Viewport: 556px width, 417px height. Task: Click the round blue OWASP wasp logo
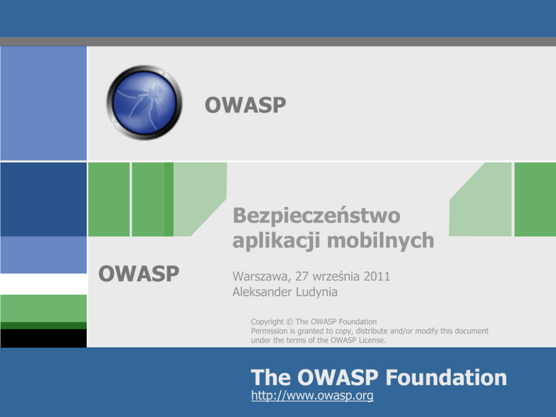(144, 103)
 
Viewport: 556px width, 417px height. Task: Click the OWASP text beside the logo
(245, 105)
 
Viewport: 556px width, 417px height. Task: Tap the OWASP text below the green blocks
(138, 274)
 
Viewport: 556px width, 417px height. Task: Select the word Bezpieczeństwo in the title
(317, 215)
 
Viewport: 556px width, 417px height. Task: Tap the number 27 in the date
(302, 276)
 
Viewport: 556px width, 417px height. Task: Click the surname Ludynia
(317, 292)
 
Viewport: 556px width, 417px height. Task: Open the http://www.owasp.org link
(312, 395)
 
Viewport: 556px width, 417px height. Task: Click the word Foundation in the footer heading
(446, 377)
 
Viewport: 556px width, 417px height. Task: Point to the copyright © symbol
(289, 322)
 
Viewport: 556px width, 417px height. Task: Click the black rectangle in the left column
(44, 338)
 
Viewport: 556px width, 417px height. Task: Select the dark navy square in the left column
(44, 200)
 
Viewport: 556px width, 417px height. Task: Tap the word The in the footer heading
(271, 377)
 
